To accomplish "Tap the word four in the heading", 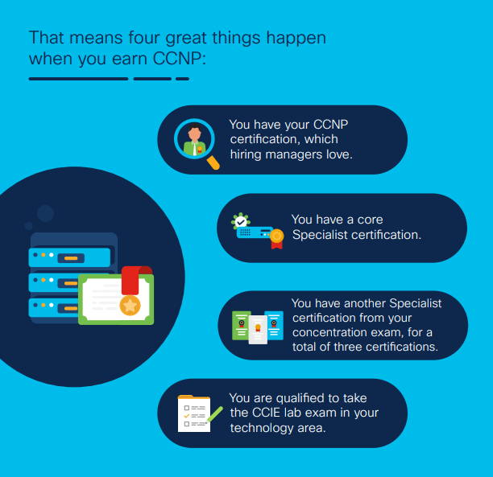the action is [x=144, y=38].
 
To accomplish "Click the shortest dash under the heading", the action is [x=182, y=79].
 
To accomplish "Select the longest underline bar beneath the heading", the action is [x=79, y=79].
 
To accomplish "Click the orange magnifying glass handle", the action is [x=213, y=162].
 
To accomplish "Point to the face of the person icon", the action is [x=195, y=134].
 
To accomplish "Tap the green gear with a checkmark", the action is [x=241, y=221].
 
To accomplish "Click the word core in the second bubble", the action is [x=370, y=220].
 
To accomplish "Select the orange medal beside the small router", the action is [x=276, y=239].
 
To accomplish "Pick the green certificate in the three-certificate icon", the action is [x=241, y=325].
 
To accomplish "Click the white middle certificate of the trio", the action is [x=258, y=330].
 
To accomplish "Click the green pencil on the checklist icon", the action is [x=215, y=414].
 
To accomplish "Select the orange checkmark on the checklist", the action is [x=186, y=416].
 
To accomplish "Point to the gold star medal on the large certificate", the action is [x=130, y=305].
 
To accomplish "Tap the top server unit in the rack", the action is [x=69, y=257].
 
